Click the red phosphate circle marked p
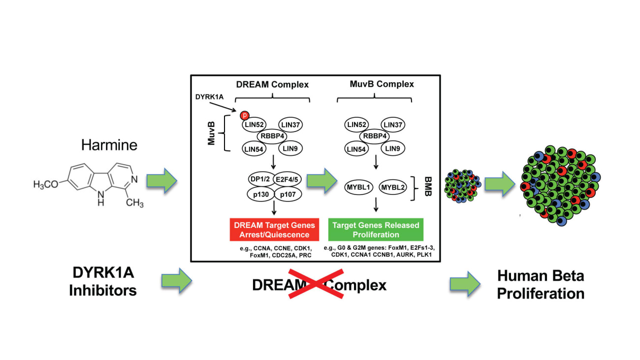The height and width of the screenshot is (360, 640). [x=245, y=115]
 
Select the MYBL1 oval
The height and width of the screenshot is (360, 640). [x=358, y=187]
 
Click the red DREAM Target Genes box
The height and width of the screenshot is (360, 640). [x=274, y=229]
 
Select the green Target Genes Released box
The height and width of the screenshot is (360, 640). [x=376, y=229]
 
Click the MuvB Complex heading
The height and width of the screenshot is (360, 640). [x=375, y=84]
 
